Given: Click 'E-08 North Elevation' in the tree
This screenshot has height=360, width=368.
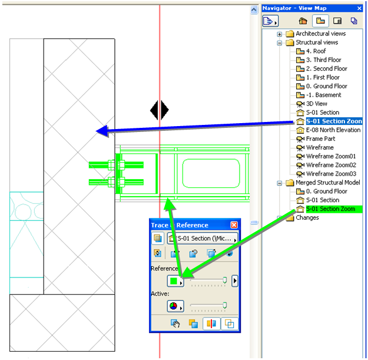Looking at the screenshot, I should [333, 130].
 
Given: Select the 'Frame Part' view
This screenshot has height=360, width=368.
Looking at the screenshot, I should [320, 138].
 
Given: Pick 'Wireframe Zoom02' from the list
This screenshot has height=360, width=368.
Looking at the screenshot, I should [331, 165].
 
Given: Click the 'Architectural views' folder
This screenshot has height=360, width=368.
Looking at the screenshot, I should [320, 34].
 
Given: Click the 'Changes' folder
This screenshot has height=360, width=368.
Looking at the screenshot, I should [307, 217].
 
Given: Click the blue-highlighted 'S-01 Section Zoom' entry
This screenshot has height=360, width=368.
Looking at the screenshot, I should [333, 121].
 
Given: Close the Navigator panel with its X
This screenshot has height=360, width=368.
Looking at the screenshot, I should [359, 8].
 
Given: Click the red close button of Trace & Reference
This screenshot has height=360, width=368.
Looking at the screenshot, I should [234, 225].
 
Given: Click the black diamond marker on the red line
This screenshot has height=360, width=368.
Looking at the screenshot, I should [160, 110].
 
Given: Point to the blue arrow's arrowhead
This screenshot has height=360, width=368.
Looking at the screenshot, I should [101, 131].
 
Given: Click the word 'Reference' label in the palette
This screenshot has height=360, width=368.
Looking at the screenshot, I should [164, 269].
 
